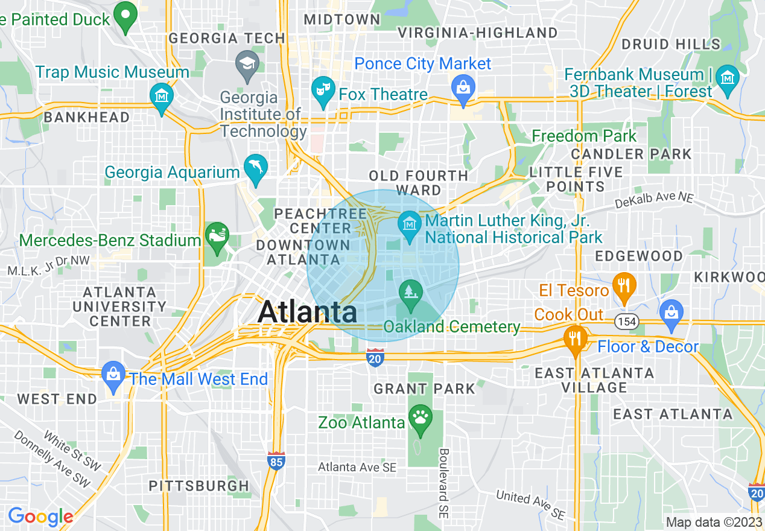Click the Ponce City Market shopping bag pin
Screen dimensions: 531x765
(x=463, y=87)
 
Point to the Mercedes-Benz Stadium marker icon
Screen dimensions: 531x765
(x=217, y=235)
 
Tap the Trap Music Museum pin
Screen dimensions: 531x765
(x=162, y=96)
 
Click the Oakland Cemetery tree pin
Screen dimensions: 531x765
(x=411, y=293)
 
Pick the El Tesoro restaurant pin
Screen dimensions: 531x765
(x=624, y=285)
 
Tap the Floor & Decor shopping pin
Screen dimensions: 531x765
(x=671, y=313)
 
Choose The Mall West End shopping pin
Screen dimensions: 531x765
(x=113, y=373)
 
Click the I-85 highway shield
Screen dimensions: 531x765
(x=276, y=461)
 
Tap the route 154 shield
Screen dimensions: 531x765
(x=627, y=322)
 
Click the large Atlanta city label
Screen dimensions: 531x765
(x=307, y=312)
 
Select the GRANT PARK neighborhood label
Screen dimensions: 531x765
(x=424, y=389)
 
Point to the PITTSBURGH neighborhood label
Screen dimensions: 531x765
(x=198, y=486)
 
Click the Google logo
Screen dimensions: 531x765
(x=40, y=517)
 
